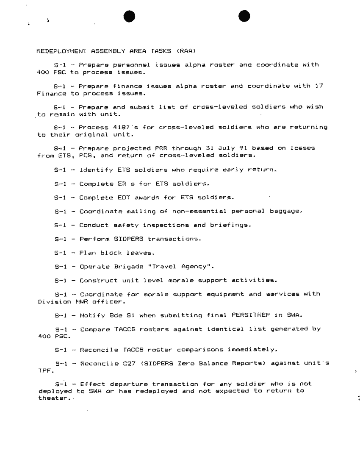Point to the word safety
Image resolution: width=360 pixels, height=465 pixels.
(120, 225)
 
